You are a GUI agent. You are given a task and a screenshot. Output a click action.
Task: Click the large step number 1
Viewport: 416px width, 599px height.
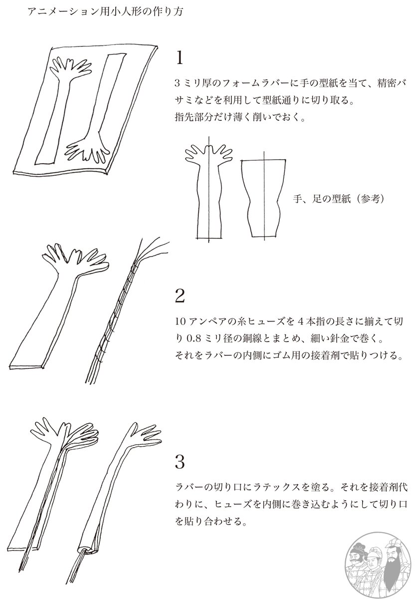click(180, 58)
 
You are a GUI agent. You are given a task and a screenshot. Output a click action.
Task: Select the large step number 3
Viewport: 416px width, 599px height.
click(180, 462)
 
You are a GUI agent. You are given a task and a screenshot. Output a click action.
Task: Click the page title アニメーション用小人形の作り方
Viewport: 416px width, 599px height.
click(106, 12)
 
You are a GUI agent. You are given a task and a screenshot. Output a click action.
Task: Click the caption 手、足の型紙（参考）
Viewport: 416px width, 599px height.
click(339, 199)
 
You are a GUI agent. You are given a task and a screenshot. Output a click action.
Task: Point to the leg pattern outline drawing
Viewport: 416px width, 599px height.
click(264, 198)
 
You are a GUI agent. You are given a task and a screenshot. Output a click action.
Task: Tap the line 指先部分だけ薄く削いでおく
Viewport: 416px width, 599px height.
click(240, 117)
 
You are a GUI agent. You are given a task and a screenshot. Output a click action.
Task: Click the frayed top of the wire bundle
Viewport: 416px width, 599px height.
click(151, 249)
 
